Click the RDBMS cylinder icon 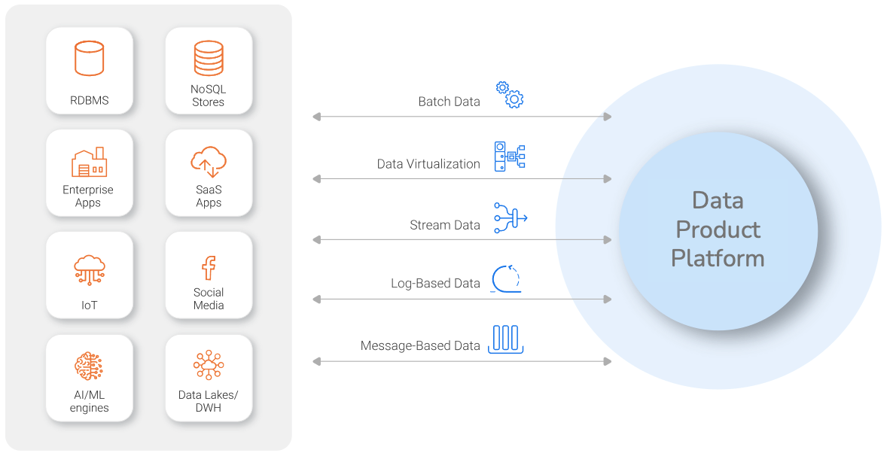tap(89, 59)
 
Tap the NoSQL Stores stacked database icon tap(209, 57)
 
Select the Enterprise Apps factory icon tap(88, 162)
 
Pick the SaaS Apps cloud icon tap(209, 161)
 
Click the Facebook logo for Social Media tap(209, 267)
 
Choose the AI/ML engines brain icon tap(89, 366)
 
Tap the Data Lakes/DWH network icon tap(209, 365)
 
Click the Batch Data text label tap(449, 102)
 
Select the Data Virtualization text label tap(428, 163)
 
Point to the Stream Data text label tap(445, 225)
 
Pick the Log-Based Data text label tap(435, 284)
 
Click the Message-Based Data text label tap(420, 346)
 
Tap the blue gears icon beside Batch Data tap(510, 94)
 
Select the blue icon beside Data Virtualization tap(509, 156)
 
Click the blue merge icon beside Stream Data tap(510, 217)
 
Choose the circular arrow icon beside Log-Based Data tap(507, 278)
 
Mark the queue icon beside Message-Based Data tap(506, 339)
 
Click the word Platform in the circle tap(718, 258)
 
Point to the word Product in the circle tap(718, 230)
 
